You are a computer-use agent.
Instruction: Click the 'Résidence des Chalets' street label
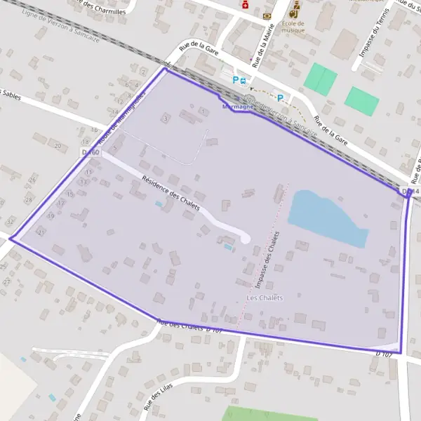click(x=171, y=194)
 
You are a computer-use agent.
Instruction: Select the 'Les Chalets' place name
click(x=265, y=298)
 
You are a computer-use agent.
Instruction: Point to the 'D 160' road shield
click(x=91, y=152)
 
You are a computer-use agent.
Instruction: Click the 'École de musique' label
click(x=293, y=27)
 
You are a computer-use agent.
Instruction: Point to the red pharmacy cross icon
click(x=245, y=4)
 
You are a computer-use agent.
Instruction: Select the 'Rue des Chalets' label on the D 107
click(x=183, y=326)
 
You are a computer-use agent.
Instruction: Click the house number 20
click(x=57, y=145)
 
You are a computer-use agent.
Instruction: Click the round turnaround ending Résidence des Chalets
click(x=245, y=239)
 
